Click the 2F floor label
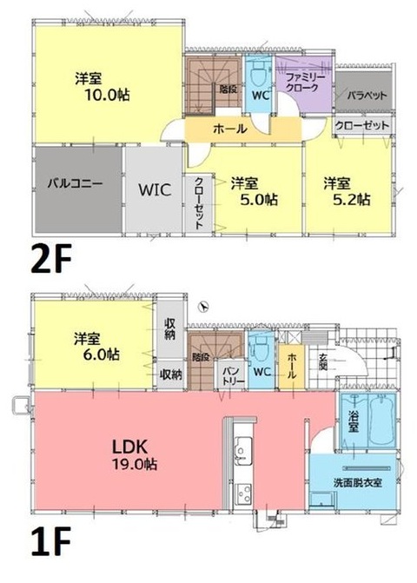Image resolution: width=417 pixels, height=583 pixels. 50,258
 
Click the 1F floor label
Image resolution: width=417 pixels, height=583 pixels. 50,541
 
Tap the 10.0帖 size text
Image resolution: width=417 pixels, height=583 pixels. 108,96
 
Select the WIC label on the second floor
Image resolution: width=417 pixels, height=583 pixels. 155,189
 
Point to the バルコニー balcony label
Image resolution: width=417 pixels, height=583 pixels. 75,183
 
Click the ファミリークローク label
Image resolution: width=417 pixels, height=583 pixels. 305,83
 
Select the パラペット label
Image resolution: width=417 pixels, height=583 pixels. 367,96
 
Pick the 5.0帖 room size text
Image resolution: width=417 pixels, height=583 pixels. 259,200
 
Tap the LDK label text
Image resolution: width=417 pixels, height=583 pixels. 130,447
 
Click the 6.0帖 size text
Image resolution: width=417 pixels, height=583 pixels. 102,354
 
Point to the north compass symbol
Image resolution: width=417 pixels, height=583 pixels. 203,307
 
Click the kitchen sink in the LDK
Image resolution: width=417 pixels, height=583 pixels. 242,447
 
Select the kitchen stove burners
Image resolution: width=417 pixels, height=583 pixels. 244,494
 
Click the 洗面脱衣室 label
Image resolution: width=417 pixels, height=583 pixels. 358,482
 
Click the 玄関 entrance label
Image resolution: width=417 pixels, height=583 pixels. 322,361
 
